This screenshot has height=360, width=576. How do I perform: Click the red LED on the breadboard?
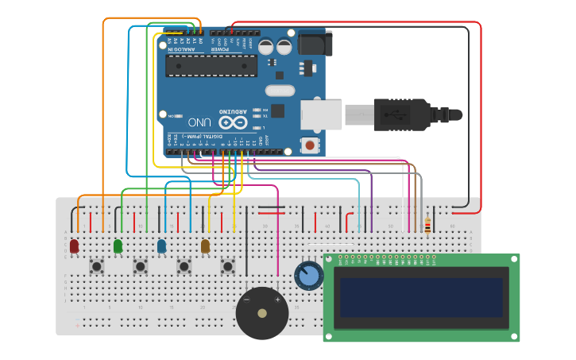coord(74,246)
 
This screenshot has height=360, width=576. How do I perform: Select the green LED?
coord(118,246)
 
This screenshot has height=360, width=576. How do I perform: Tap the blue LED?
coord(161,246)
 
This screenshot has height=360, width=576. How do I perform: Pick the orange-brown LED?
coord(205,246)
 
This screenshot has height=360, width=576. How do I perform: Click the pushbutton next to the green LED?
coord(141,266)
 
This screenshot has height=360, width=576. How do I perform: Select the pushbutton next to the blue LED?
coord(184,266)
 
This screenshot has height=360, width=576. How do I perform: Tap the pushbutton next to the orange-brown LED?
coord(228,266)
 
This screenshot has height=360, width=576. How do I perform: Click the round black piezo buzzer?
coord(262,313)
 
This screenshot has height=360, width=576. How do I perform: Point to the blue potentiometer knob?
coord(308,276)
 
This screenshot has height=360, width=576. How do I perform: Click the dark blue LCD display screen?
coord(421,296)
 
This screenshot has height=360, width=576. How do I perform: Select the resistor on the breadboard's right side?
coord(427,226)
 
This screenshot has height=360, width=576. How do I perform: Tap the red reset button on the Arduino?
coord(309,145)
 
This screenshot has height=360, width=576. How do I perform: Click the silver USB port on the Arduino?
coord(321,114)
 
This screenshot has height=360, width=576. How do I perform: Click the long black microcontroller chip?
coord(211,66)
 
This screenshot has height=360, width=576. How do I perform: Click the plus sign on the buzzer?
coord(276,300)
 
